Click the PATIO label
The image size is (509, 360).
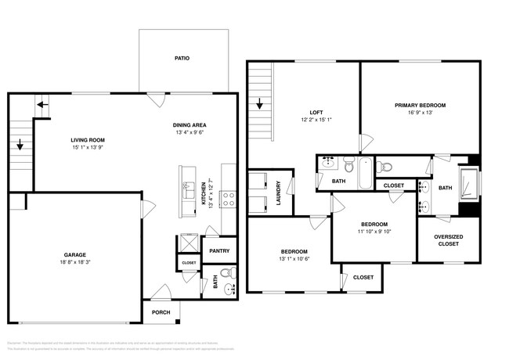tap(182, 58)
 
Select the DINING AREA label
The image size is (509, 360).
tap(189, 125)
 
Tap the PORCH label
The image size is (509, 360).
tap(161, 311)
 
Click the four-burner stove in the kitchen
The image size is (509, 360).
tap(229, 199)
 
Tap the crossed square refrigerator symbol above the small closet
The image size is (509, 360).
tap(189, 242)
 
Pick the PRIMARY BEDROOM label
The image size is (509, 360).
tap(420, 105)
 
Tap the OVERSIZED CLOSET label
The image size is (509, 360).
tap(447, 239)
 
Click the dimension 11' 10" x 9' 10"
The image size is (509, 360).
tap(373, 231)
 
